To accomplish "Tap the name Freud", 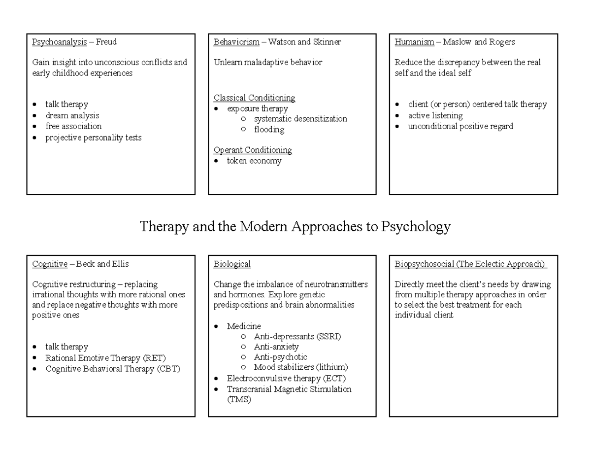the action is [x=106, y=42].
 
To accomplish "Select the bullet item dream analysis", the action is [x=72, y=115].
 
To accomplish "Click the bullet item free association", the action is [x=73, y=126].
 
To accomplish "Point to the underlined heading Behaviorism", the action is [x=236, y=42].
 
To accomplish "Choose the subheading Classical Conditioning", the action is [x=254, y=98].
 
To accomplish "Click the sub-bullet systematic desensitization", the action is [x=300, y=119].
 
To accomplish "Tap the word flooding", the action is [x=269, y=130].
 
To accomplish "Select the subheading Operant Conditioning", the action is [x=253, y=150].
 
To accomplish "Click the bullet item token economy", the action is [x=254, y=161].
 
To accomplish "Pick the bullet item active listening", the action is [x=435, y=115].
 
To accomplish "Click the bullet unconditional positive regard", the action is [x=460, y=126].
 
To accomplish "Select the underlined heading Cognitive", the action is [x=50, y=264].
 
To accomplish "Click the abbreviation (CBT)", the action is [x=169, y=369].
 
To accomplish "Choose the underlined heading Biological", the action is [x=232, y=264].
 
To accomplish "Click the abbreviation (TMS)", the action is [x=239, y=400].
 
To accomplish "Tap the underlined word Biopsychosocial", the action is [x=424, y=264].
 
